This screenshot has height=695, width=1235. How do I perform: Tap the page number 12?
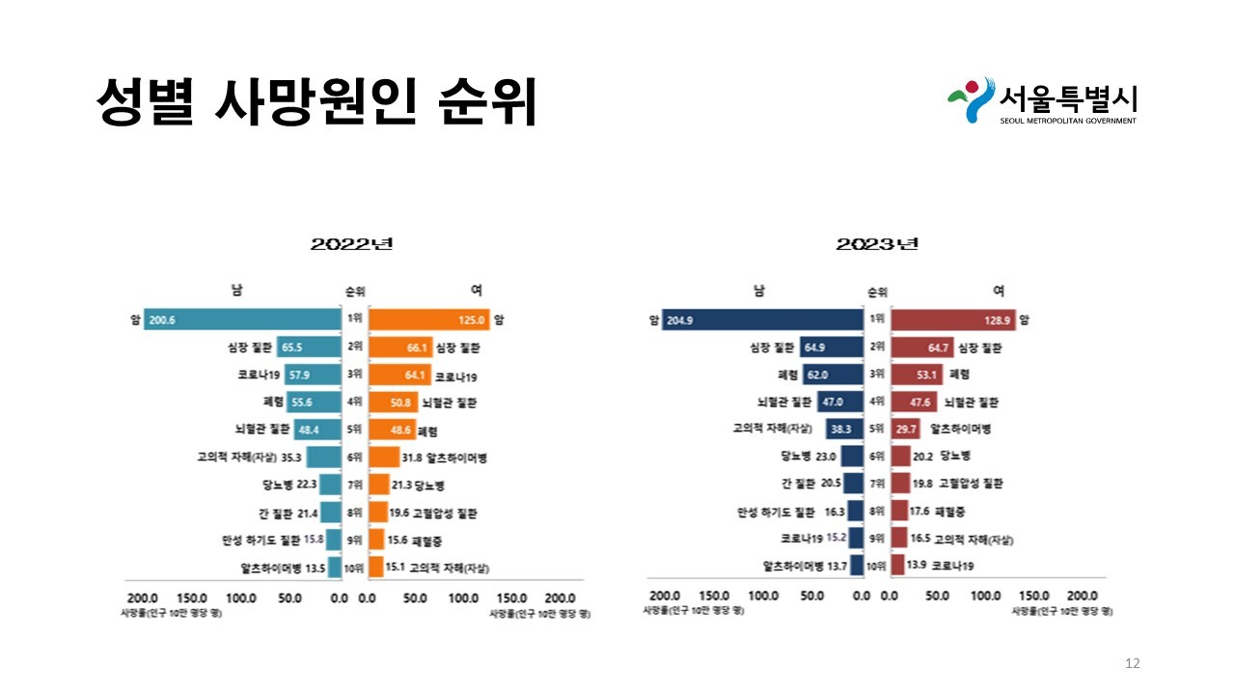pos(1133,663)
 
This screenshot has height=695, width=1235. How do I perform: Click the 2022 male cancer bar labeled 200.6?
pos(242,320)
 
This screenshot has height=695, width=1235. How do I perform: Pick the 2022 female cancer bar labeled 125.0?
pos(428,320)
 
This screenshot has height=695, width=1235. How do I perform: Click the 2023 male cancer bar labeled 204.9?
pos(762,320)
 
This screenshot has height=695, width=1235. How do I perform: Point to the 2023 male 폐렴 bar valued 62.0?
pos(832,375)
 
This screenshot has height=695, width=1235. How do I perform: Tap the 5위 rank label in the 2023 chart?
pos(877,429)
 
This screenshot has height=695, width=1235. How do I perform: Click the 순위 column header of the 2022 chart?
pos(355,292)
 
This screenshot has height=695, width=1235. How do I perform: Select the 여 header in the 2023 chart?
pos(998,291)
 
